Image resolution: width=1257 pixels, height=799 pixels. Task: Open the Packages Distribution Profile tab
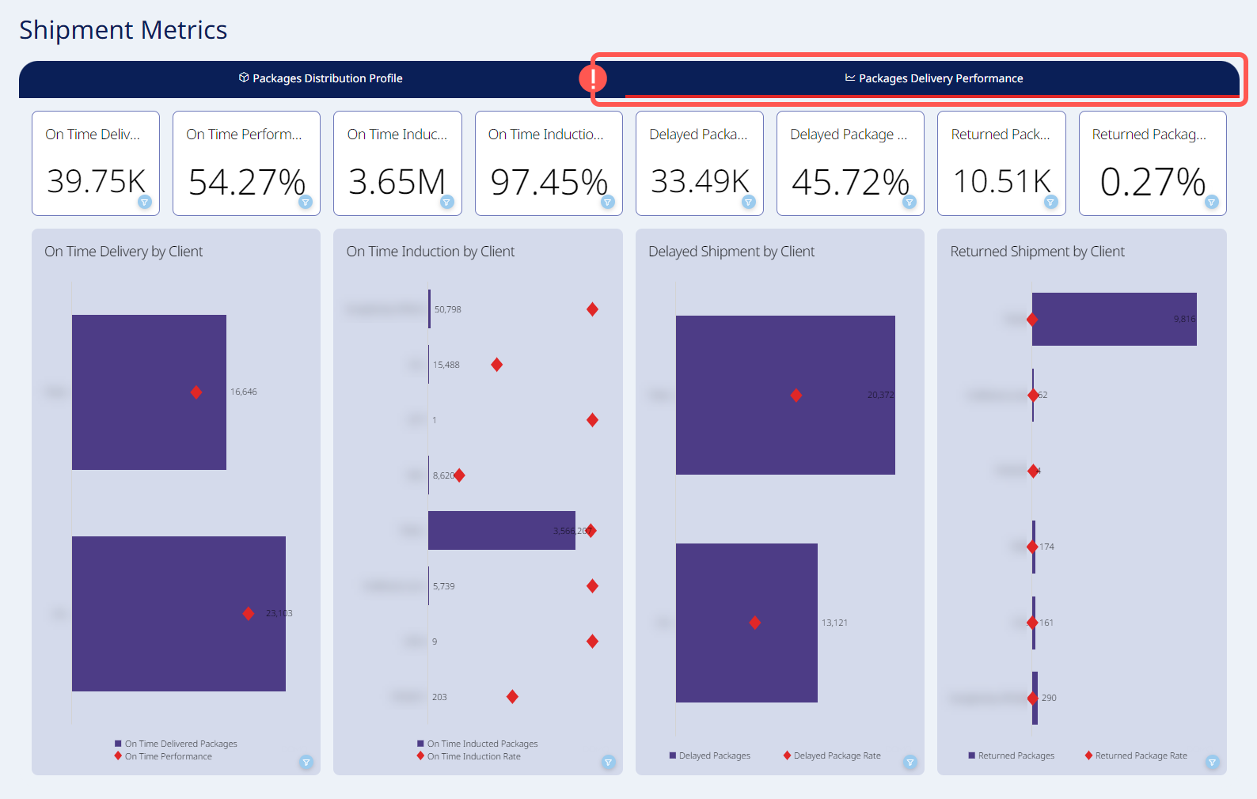pos(321,78)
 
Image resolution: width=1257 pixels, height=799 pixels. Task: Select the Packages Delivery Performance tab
pos(933,78)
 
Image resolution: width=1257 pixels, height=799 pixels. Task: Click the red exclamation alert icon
pos(593,78)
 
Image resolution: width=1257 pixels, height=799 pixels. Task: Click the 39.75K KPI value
pos(96,181)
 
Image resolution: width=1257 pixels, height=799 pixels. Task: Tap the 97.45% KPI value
pos(549,182)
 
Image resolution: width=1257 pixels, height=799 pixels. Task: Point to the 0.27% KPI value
pos(1153,182)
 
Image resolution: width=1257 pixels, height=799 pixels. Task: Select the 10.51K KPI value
pos(1001,181)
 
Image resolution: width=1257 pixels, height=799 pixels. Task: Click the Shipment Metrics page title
pos(123,30)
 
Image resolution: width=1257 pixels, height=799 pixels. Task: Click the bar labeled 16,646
pos(149,392)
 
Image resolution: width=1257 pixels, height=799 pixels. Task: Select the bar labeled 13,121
pos(746,623)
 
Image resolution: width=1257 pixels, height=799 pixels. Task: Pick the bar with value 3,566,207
pos(501,530)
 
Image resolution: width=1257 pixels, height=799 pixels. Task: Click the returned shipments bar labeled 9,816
pos(1114,319)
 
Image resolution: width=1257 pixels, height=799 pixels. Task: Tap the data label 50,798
pos(448,309)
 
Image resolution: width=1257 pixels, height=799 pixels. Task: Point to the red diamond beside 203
pos(512,697)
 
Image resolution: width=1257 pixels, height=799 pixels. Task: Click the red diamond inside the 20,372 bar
pos(796,396)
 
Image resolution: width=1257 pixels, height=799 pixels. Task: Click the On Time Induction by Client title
pos(431,252)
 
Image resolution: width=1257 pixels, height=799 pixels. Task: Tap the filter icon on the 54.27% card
pos(306,202)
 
